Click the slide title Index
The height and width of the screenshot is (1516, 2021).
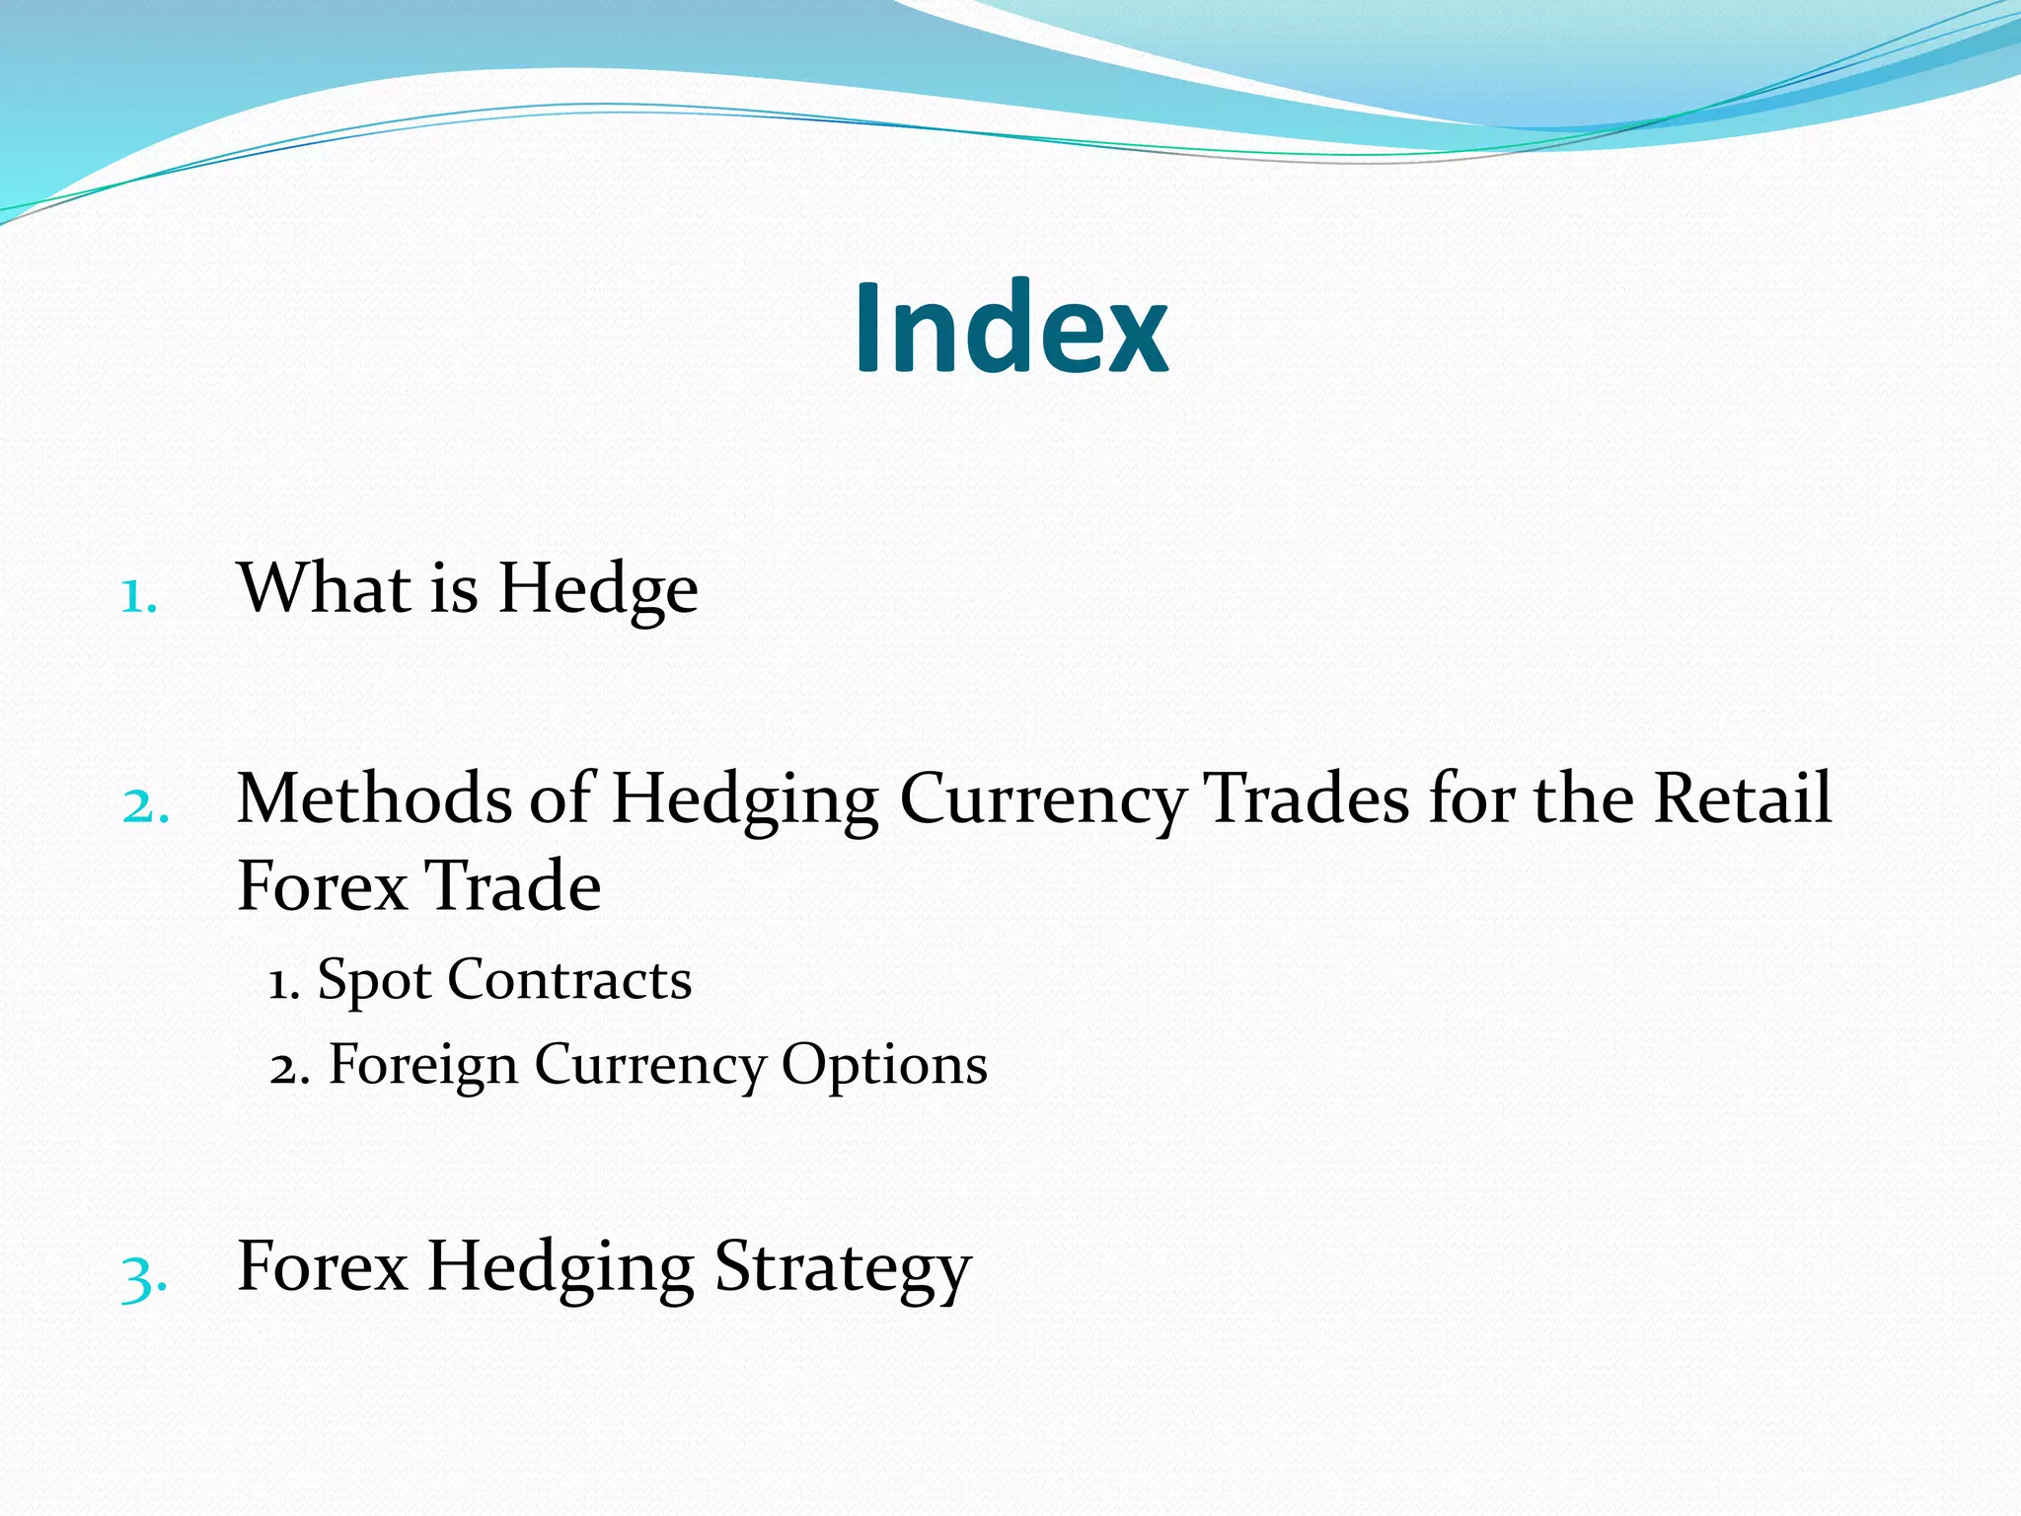(x=1010, y=329)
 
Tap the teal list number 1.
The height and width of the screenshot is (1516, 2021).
(x=138, y=596)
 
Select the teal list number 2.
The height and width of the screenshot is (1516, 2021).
(x=145, y=806)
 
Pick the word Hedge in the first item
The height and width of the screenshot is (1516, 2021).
(x=598, y=590)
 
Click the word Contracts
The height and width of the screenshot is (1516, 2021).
(x=569, y=980)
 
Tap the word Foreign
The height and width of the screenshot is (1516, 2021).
(x=423, y=1067)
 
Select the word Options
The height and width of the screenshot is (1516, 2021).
(x=884, y=1067)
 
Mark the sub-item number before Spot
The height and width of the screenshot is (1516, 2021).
(x=284, y=982)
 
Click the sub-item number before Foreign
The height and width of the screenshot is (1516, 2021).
(x=289, y=1067)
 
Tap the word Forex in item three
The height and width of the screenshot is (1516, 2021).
(x=323, y=1266)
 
